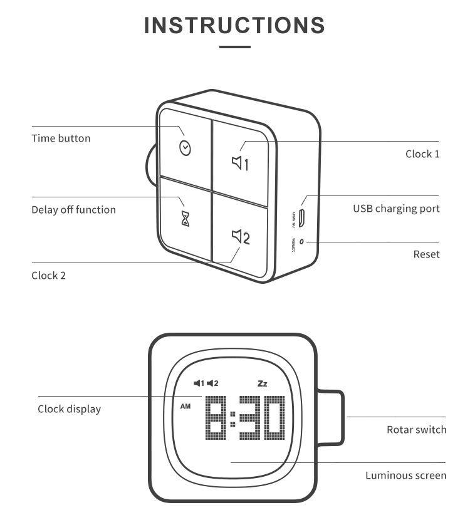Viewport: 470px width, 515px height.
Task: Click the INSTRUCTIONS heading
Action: click(234, 25)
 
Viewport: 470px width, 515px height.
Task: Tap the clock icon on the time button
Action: click(185, 148)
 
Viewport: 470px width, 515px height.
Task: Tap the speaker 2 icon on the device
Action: click(241, 237)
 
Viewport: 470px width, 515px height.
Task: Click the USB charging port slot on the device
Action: click(301, 218)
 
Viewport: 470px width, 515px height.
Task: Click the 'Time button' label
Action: click(61, 138)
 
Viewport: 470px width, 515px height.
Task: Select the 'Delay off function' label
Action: click(73, 210)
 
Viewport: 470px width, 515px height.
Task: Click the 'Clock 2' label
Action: click(48, 275)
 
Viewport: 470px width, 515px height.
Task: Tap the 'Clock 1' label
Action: click(422, 154)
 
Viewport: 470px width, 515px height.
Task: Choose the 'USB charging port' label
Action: click(395, 209)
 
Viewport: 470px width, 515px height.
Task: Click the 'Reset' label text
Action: click(426, 254)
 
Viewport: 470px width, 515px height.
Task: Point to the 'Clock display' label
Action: click(69, 409)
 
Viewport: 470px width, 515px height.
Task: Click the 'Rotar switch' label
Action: click(416, 430)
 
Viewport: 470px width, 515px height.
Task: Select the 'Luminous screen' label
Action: click(405, 476)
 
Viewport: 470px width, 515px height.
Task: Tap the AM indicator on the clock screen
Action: click(185, 406)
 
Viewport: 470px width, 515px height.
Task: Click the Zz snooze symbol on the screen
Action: click(262, 383)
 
